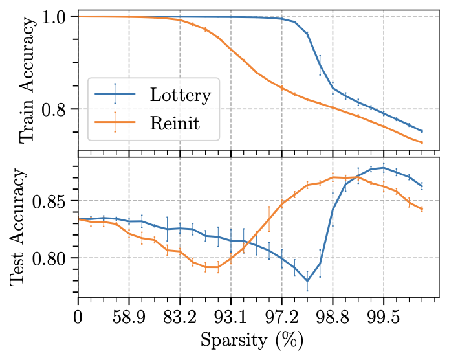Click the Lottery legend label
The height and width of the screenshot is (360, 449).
tap(180, 95)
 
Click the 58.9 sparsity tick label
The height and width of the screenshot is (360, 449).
tap(129, 319)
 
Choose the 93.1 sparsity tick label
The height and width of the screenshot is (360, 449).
tap(231, 319)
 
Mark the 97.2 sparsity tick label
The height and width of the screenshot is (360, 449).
tap(281, 319)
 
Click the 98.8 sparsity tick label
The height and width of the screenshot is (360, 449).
tap(333, 319)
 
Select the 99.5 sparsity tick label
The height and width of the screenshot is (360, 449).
tap(384, 319)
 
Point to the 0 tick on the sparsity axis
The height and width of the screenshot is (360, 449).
tap(78, 319)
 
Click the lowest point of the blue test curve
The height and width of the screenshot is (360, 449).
tap(307, 281)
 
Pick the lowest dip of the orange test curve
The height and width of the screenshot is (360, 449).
tap(212, 267)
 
